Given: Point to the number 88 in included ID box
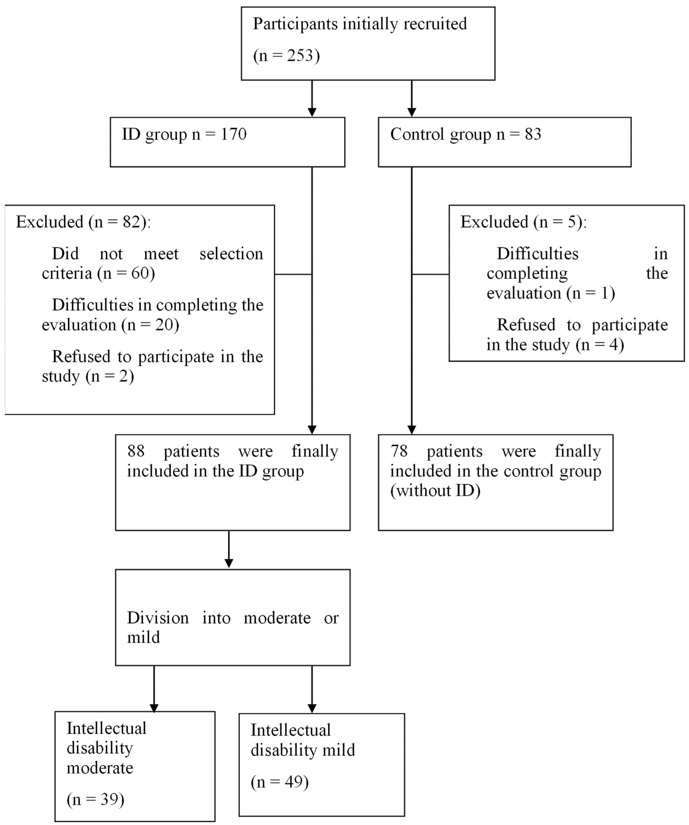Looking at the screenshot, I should pos(136,451).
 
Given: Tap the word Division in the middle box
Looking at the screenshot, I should pos(158,618).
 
